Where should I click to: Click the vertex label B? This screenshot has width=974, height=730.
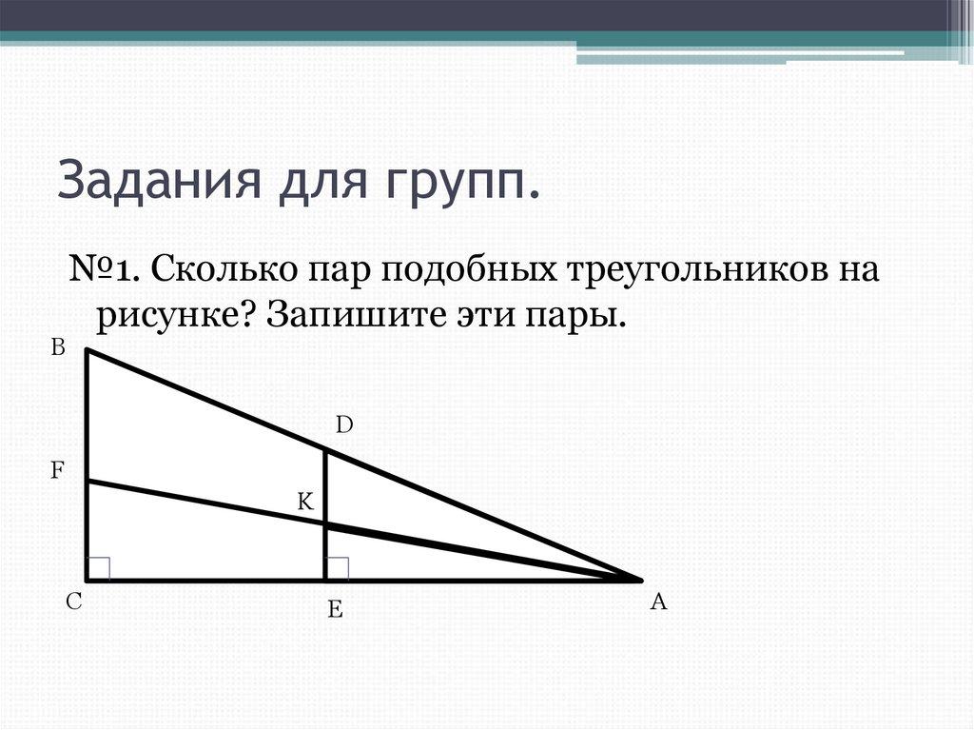pyautogui.click(x=58, y=349)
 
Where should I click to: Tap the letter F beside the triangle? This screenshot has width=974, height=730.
pyautogui.click(x=57, y=469)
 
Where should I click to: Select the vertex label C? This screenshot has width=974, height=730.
pyautogui.click(x=72, y=602)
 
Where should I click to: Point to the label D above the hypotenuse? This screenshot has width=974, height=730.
pyautogui.click(x=343, y=425)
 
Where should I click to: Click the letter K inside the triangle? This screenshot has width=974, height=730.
pyautogui.click(x=305, y=502)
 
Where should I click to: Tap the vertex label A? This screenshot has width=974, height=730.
pyautogui.click(x=657, y=602)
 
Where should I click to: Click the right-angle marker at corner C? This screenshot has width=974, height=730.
pyautogui.click(x=99, y=568)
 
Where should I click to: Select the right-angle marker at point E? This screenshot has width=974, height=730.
pyautogui.click(x=338, y=568)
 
